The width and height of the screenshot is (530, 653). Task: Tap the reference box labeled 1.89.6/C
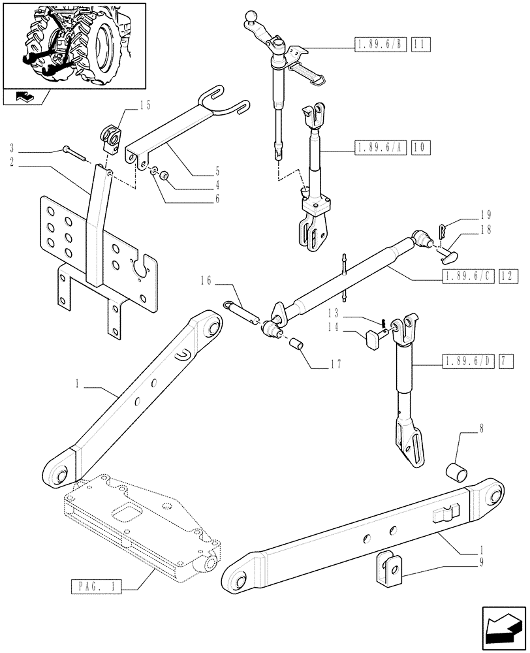coord(467,276)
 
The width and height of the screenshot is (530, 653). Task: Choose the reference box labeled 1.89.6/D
coord(467,360)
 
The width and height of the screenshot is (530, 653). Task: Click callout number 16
coord(206,281)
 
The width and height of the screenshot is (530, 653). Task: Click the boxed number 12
coord(508,276)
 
